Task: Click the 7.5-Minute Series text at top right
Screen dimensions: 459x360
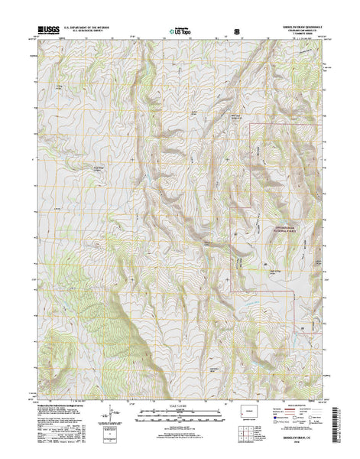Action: tap(294, 37)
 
